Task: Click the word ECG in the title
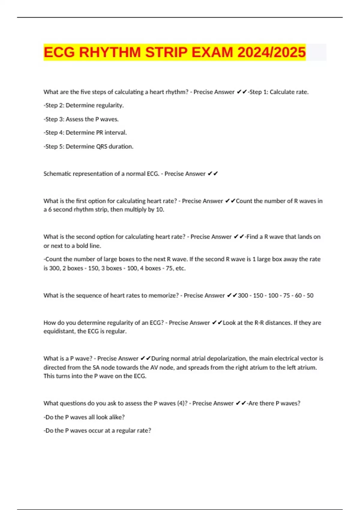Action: pyautogui.click(x=59, y=52)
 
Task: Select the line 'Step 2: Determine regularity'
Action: pyautogui.click(x=84, y=105)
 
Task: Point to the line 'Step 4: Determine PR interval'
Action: pyautogui.click(x=85, y=133)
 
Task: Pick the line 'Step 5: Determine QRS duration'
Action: pyautogui.click(x=88, y=146)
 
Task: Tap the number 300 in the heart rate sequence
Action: pyautogui.click(x=243, y=295)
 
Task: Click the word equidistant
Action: pyautogui.click(x=58, y=331)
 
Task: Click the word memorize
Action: pyautogui.click(x=165, y=295)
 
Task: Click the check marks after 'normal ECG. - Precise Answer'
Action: pyautogui.click(x=213, y=174)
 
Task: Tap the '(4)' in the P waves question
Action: pyautogui.click(x=182, y=403)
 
